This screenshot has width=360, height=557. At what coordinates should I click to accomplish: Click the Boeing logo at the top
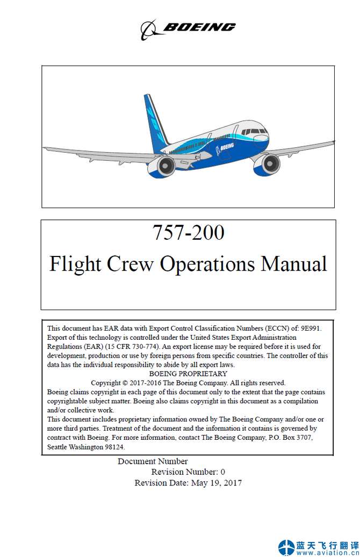pos(188,28)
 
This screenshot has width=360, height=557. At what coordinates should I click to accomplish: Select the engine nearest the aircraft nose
pos(267,163)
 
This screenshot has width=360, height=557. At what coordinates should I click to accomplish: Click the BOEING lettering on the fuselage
pos(226,146)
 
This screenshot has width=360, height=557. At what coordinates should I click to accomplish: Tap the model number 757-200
pos(189,233)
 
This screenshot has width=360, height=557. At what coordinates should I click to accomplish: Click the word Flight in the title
pos(75,264)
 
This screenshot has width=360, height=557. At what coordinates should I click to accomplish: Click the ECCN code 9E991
pos(311,328)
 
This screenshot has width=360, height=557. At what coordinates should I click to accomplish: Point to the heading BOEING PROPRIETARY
pos(188,374)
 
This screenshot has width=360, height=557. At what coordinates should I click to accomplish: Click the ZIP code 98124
pos(114,447)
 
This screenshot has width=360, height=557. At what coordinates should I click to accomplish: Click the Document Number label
pos(153,461)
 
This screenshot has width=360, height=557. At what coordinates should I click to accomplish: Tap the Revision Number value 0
pos(222,472)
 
